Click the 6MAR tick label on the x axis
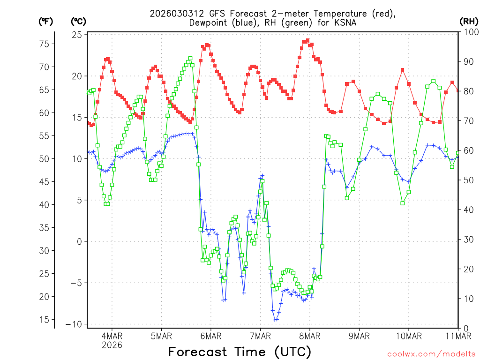pyautogui.click(x=211, y=336)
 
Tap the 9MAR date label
pyautogui.click(x=359, y=336)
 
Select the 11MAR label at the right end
pyautogui.click(x=458, y=336)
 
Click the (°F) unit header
pyautogui.click(x=46, y=22)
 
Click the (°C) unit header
pyautogui.click(x=78, y=22)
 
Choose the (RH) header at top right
pyautogui.click(x=469, y=22)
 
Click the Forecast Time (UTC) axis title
pyautogui.click(x=240, y=352)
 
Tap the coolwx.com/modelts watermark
pyautogui.click(x=431, y=354)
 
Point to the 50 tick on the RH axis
pyautogui.click(x=467, y=180)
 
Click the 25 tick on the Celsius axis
pyautogui.click(x=78, y=35)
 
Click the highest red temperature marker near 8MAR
pyautogui.click(x=307, y=40)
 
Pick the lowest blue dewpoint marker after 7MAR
pyautogui.click(x=276, y=320)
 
